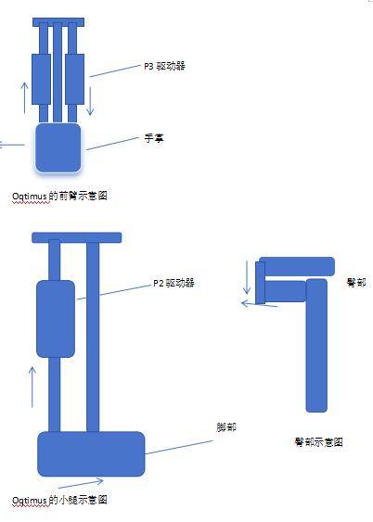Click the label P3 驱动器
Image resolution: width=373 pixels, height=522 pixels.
164,66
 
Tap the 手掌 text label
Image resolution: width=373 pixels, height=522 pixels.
154,138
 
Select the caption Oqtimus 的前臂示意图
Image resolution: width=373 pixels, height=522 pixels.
59,196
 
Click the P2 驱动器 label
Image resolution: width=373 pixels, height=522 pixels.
174,284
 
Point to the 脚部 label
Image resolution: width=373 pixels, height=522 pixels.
226,427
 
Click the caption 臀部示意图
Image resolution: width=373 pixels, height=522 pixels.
318,442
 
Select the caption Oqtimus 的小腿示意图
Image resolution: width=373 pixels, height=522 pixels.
59,500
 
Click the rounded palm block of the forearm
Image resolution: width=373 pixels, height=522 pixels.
58,147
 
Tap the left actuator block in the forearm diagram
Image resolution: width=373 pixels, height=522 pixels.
42,79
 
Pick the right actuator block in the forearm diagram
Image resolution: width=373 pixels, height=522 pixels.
74,79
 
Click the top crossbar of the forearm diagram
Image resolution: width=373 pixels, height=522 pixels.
58,22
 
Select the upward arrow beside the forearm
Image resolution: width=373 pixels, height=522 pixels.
25,97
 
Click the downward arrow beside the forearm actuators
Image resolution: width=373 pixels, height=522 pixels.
90,101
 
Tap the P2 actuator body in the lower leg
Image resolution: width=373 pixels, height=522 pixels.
56,319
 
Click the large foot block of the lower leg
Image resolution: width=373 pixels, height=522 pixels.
91,453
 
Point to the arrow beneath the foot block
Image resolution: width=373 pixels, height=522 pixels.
81,484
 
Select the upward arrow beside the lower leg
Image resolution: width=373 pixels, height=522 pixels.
32,387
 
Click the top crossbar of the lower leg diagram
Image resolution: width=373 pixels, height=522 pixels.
77,237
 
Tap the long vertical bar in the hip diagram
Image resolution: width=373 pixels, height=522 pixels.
316,346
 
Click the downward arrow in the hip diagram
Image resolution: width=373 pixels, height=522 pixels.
247,277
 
